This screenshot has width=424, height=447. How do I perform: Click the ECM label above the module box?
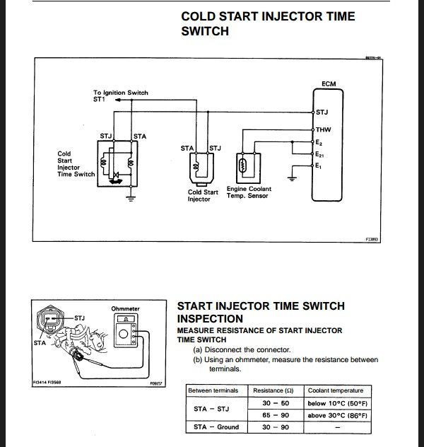329,84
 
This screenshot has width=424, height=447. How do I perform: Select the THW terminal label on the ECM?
323,129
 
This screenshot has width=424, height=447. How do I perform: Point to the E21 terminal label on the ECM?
320,154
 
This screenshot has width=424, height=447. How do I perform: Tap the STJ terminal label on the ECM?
322,112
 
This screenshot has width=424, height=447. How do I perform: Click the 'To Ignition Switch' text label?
121,93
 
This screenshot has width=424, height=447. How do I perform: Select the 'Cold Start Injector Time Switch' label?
76,163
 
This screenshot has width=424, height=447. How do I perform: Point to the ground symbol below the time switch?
131,197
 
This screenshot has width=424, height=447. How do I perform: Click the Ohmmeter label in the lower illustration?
125,309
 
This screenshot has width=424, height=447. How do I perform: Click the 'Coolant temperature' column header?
336,390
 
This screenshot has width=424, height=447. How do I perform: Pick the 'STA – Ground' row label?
216,426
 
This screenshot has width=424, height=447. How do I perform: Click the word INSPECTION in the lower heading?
210,319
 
